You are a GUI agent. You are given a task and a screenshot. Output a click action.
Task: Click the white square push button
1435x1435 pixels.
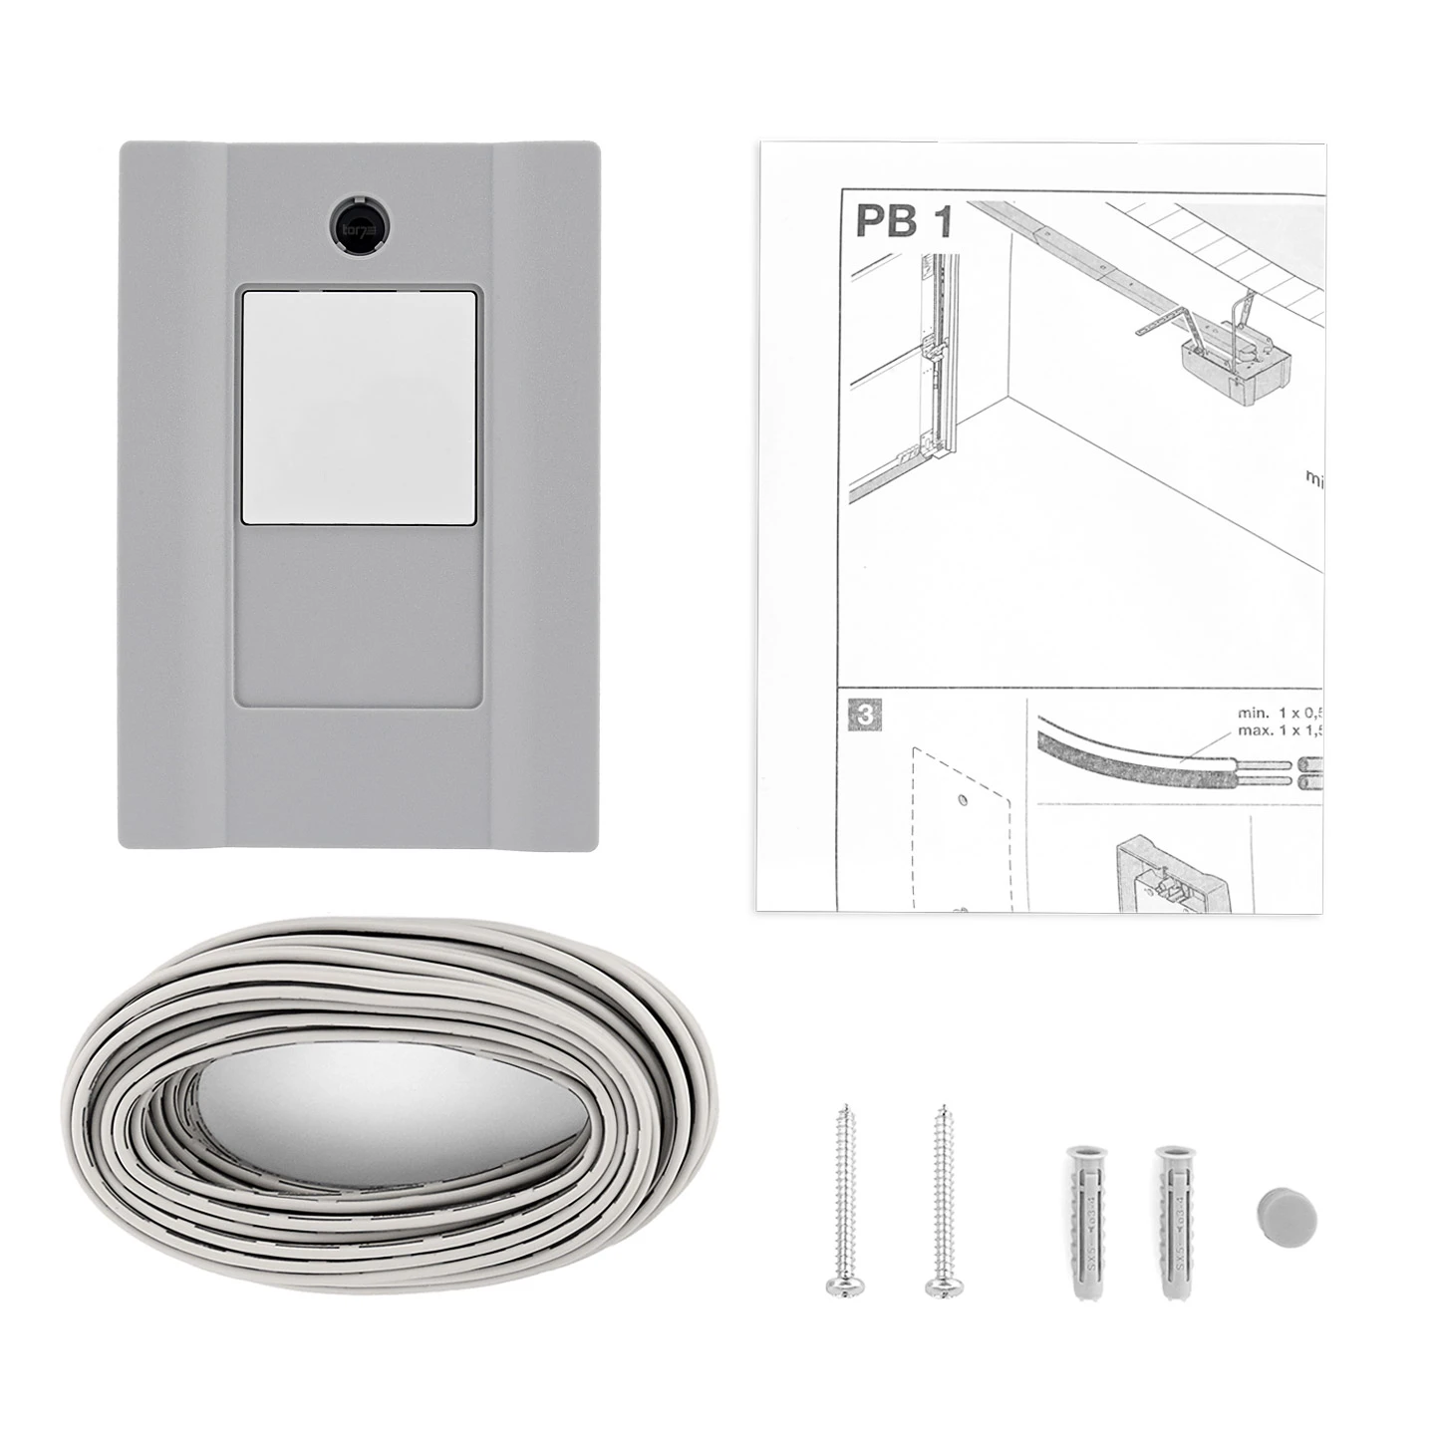point(359,407)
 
